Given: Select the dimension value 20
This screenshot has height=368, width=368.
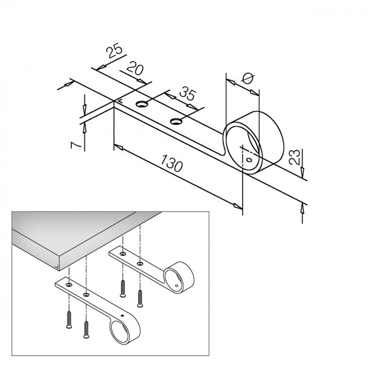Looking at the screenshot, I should [136, 71].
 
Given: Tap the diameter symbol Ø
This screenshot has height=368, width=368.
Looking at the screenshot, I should [246, 77].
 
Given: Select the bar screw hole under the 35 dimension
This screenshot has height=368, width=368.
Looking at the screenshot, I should [176, 122].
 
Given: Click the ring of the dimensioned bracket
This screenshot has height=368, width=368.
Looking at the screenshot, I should [250, 141].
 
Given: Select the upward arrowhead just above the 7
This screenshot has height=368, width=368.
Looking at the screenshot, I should [84, 127].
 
